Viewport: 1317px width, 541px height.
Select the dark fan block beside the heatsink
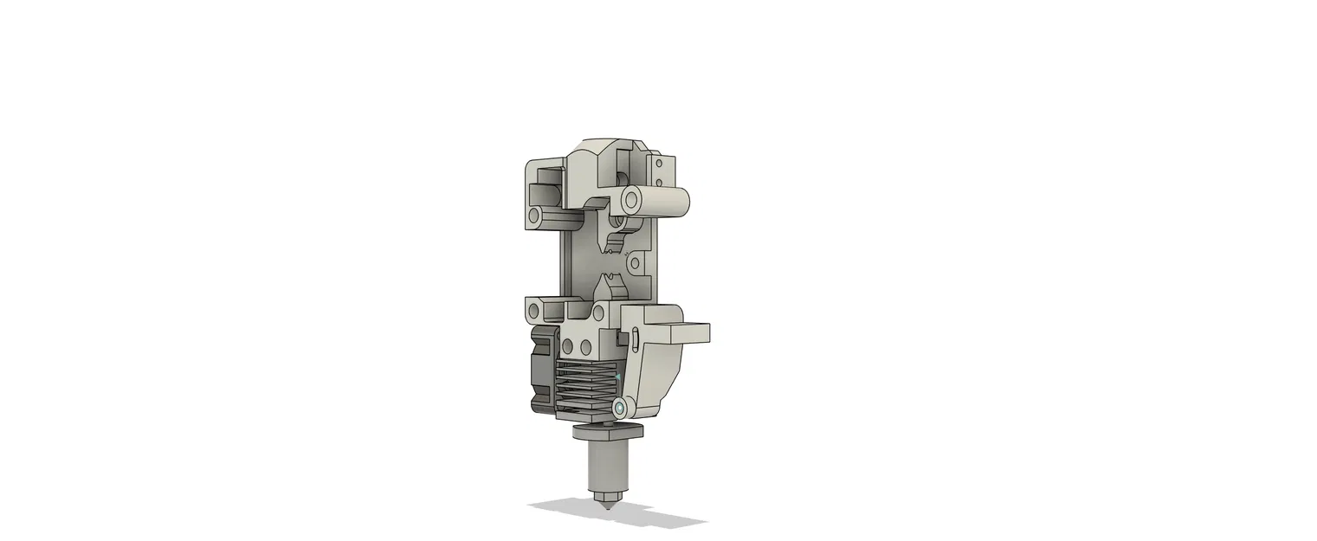click(x=540, y=368)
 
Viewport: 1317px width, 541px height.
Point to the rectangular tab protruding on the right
click(x=689, y=332)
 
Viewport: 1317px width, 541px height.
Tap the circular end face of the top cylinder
click(x=631, y=201)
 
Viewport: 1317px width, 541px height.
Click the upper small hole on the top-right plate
click(x=659, y=162)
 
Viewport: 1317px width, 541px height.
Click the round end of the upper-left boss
click(x=535, y=214)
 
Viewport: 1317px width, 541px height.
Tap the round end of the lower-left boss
click(x=534, y=308)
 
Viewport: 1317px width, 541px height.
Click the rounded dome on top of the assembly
click(x=606, y=144)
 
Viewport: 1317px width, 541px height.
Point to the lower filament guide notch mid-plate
click(x=610, y=280)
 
